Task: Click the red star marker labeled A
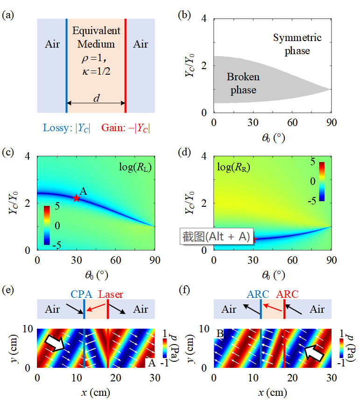click(77, 198)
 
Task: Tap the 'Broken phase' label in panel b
click(243, 83)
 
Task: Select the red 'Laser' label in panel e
click(111, 295)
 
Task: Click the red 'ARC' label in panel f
click(288, 295)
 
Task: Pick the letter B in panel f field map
click(220, 334)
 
